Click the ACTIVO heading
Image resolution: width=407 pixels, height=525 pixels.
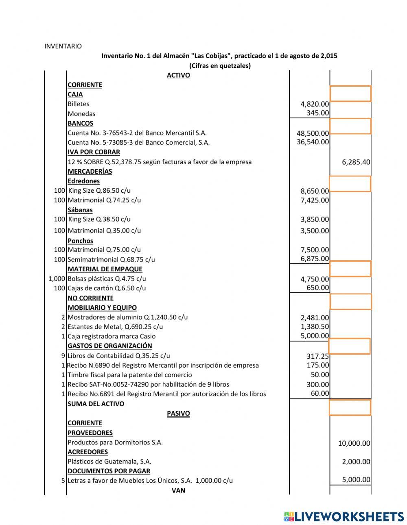pos(178,75)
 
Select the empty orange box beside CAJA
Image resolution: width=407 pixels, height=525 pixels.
pos(350,94)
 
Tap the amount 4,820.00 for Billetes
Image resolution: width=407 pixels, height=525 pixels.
pos(315,104)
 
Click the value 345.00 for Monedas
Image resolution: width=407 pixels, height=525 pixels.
pos(317,113)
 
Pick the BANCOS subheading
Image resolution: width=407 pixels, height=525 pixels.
pos(80,123)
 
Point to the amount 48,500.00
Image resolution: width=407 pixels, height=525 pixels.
pos(313,133)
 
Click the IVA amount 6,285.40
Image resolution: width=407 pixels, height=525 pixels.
pos(356,162)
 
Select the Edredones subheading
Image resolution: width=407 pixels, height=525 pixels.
pos(83,181)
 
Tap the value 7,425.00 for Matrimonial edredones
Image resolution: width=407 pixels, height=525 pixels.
pos(315,200)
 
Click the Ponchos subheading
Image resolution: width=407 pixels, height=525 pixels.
pos(80,241)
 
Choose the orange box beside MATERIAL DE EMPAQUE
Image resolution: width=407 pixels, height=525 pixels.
pos(350,269)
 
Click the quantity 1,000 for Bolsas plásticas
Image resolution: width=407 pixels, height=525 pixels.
pos(57,279)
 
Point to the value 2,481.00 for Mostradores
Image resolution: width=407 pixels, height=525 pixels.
pos(315,318)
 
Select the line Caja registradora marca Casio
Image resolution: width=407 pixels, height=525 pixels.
pos(112,336)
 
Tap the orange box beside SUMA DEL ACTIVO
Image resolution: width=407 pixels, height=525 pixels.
pos(350,407)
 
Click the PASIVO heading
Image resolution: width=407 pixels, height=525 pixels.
pos(178,413)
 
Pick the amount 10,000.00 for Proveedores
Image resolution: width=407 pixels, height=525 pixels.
pos(354,443)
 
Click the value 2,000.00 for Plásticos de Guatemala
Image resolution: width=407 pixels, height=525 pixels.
pos(356,462)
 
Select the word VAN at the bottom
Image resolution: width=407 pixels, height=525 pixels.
pos(178,490)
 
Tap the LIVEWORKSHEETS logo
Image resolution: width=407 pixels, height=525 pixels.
pos(344,516)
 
